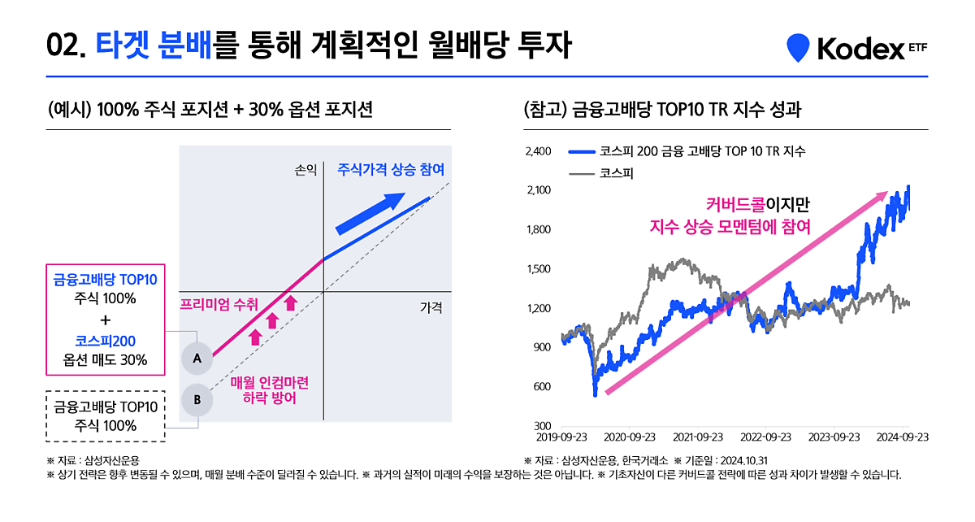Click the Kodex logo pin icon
[x=799, y=48]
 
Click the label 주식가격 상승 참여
[x=392, y=170]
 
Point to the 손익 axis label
[x=305, y=171]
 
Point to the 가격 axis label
[x=431, y=308]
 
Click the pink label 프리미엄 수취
[x=219, y=305]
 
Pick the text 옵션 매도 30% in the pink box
[x=106, y=360]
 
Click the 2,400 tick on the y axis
[x=539, y=151]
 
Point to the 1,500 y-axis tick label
[x=539, y=269]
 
